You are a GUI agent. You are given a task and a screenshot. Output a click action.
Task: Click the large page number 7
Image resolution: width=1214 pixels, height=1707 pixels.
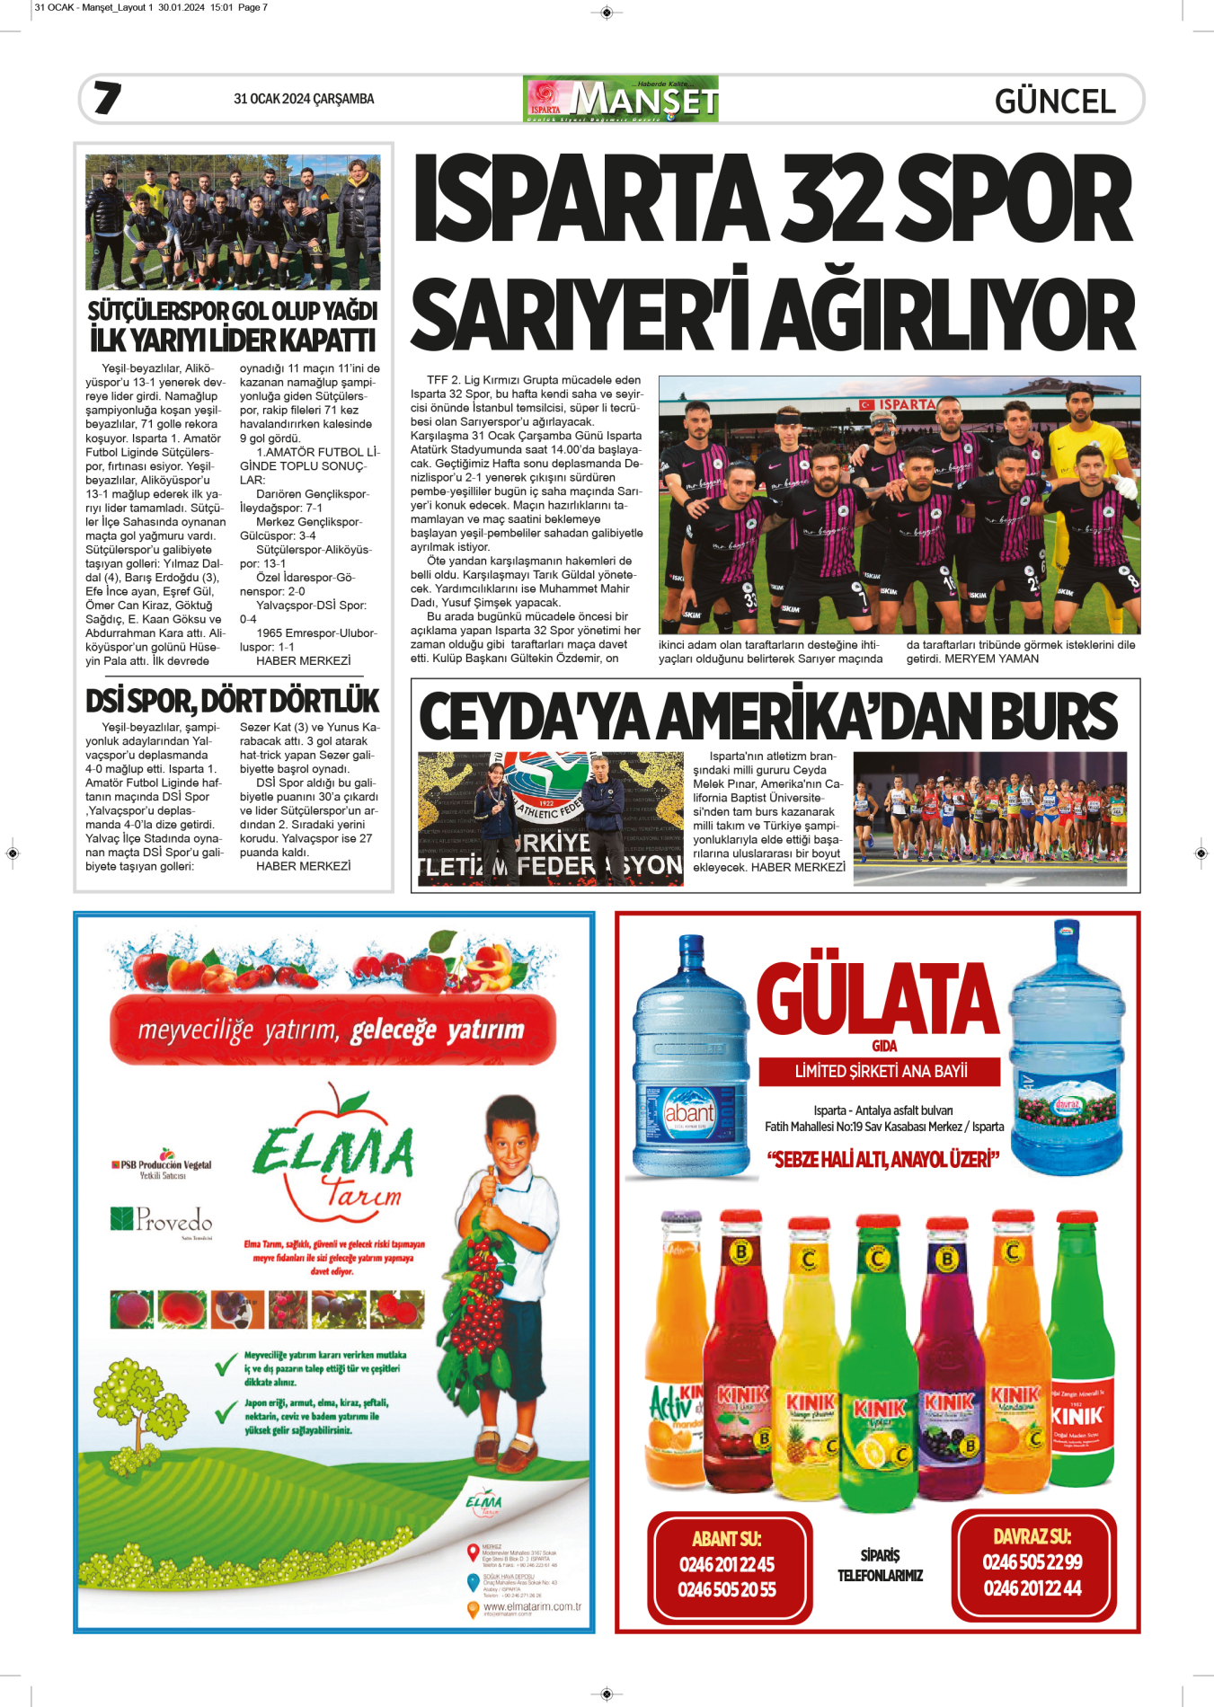click(x=108, y=98)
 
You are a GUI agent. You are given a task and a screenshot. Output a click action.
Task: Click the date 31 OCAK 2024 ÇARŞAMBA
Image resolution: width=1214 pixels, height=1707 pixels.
click(x=304, y=99)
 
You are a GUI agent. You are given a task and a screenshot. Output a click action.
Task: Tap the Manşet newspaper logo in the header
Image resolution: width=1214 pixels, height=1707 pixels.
click(x=621, y=99)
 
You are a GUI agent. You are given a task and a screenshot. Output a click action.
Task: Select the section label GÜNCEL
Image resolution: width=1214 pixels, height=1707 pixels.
click(x=1055, y=102)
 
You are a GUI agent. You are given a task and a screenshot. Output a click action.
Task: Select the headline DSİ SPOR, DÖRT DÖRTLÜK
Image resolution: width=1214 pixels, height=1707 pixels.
click(x=233, y=701)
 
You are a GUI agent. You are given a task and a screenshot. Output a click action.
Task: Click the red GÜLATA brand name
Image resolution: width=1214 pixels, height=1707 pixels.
click(x=878, y=998)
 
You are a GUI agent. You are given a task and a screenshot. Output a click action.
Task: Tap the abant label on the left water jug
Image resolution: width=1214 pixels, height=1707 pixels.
click(x=689, y=1112)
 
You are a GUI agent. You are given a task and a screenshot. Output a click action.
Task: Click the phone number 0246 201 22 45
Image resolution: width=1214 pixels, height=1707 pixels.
click(x=727, y=1564)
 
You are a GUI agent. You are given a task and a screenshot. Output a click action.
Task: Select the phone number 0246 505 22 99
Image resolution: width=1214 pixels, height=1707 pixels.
click(x=1032, y=1562)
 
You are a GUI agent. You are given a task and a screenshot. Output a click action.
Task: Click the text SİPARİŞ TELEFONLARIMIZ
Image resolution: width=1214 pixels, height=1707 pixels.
click(x=880, y=1565)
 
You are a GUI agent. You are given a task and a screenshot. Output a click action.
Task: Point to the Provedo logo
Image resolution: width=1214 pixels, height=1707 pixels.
click(x=163, y=1219)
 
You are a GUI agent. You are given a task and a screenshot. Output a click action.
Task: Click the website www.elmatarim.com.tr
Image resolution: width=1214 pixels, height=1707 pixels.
click(x=532, y=1606)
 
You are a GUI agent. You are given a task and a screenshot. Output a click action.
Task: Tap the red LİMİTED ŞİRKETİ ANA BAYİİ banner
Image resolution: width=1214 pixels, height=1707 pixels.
click(x=881, y=1071)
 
